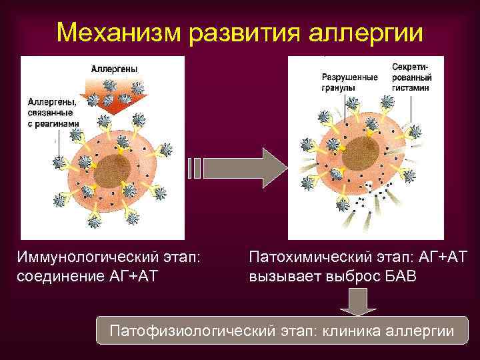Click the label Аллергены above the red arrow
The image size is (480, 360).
(x=114, y=69)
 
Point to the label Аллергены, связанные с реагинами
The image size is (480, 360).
(x=52, y=113)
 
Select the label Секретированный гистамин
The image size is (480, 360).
(x=410, y=77)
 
